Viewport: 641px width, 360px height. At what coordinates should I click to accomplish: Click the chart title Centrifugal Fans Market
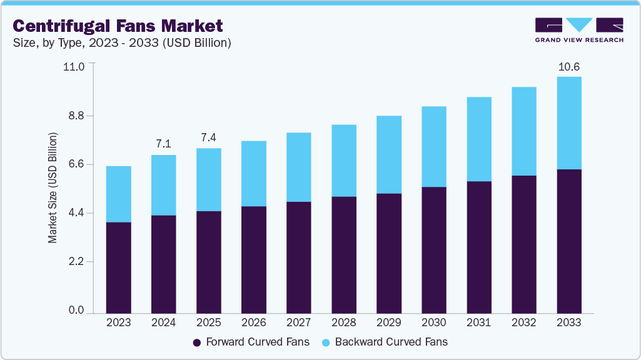coord(118,26)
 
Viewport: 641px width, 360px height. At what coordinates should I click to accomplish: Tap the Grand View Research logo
coord(579,29)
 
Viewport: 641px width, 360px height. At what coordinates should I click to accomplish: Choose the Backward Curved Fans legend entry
coord(384,342)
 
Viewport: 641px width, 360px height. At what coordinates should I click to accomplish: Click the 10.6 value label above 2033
coord(568,67)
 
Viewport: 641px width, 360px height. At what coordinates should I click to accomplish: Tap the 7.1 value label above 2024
coord(163,144)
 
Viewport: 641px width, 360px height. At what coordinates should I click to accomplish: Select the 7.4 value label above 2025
coord(208,137)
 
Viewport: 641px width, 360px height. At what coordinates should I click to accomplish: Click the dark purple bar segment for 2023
coord(118,267)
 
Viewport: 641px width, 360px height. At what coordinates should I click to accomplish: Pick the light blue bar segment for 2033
coord(568,123)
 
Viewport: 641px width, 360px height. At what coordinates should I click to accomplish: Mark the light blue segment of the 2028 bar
coord(343,161)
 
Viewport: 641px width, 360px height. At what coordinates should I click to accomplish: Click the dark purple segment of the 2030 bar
coord(433,250)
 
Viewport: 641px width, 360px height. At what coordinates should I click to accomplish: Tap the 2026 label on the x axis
coord(253,323)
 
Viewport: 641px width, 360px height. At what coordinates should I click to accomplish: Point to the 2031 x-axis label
coord(478,323)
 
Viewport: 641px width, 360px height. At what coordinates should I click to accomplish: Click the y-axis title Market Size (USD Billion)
coord(53,187)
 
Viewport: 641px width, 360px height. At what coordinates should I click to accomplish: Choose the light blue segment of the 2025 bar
coord(208,179)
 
